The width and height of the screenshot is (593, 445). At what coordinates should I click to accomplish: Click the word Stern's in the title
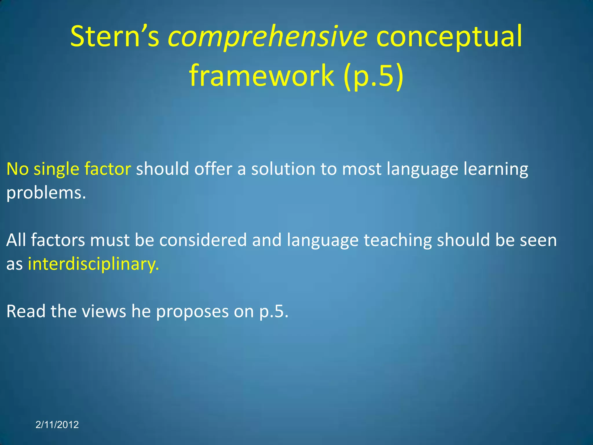(114, 37)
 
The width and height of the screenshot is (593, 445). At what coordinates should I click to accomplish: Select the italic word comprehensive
(268, 37)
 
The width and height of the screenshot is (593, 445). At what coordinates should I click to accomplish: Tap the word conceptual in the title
(449, 37)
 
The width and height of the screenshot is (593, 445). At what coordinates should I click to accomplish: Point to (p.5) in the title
(374, 76)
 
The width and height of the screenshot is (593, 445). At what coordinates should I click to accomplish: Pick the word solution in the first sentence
(283, 169)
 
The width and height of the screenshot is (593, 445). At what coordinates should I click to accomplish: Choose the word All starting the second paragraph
(16, 240)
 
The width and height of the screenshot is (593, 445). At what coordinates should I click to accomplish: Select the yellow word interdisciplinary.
(93, 264)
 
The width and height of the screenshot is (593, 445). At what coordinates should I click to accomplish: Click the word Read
(26, 311)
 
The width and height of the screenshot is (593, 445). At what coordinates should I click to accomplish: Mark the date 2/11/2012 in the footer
(57, 425)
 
